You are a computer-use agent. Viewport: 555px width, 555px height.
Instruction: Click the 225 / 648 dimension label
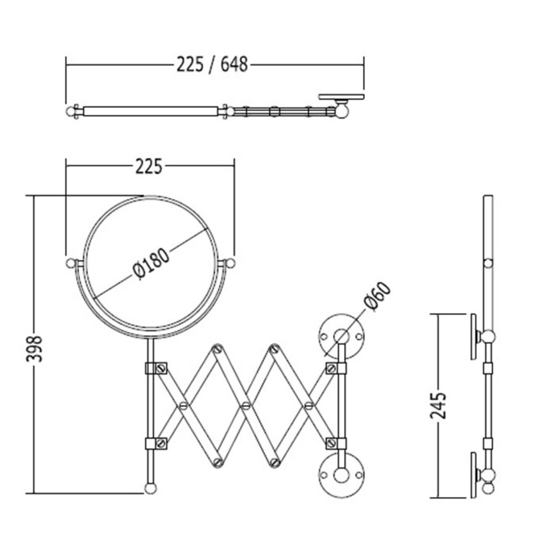pos(212,65)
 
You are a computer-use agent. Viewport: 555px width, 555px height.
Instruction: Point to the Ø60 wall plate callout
pos(378,296)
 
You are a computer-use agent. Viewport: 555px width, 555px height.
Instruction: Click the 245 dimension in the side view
pos(438,405)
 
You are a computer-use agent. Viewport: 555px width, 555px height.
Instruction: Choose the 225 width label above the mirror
pos(149,167)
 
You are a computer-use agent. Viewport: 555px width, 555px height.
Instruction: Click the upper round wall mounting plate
pos(341,336)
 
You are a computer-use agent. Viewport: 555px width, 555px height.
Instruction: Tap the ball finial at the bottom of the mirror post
pos(150,488)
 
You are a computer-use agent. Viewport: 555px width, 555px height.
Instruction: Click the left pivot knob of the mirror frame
pos(70,263)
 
